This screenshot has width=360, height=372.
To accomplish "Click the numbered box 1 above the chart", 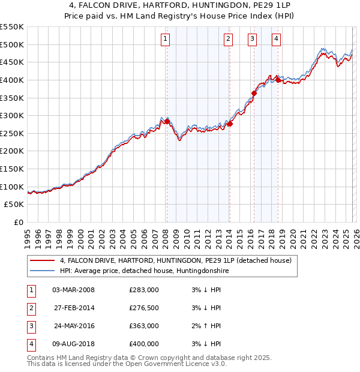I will [165, 40].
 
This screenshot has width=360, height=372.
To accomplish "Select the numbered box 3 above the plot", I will [252, 40].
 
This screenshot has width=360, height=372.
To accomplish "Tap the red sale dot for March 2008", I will [167, 121].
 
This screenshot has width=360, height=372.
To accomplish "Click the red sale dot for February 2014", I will [230, 124].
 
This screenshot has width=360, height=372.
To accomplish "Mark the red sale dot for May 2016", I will [254, 93].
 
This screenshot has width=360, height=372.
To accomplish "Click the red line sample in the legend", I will [42, 261].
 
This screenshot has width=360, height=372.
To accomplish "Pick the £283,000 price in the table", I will [144, 290].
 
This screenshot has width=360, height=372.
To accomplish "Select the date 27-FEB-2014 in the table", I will [73, 308].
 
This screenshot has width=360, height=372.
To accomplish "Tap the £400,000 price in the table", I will [144, 344].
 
